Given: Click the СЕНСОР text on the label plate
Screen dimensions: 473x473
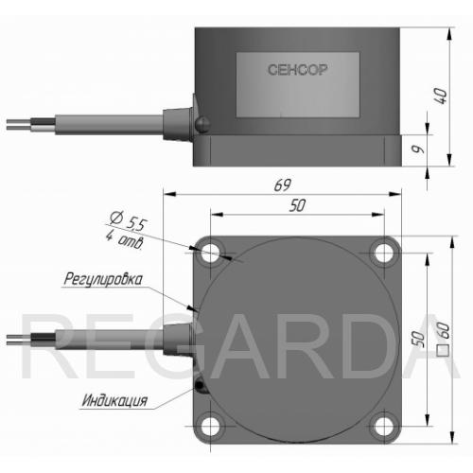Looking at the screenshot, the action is click(298, 70).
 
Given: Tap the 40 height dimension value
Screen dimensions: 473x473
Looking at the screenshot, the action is click(441, 96).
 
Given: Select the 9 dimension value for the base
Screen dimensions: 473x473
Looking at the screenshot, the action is click(419, 149).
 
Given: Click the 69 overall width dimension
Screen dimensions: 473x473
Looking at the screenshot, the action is click(282, 185).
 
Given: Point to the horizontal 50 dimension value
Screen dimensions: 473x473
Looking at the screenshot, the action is click(297, 205).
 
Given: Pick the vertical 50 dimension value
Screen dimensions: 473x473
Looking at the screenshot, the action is click(418, 340).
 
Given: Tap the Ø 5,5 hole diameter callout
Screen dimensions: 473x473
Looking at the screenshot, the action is click(129, 220).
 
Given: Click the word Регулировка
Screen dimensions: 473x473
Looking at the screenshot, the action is click(103, 279).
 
